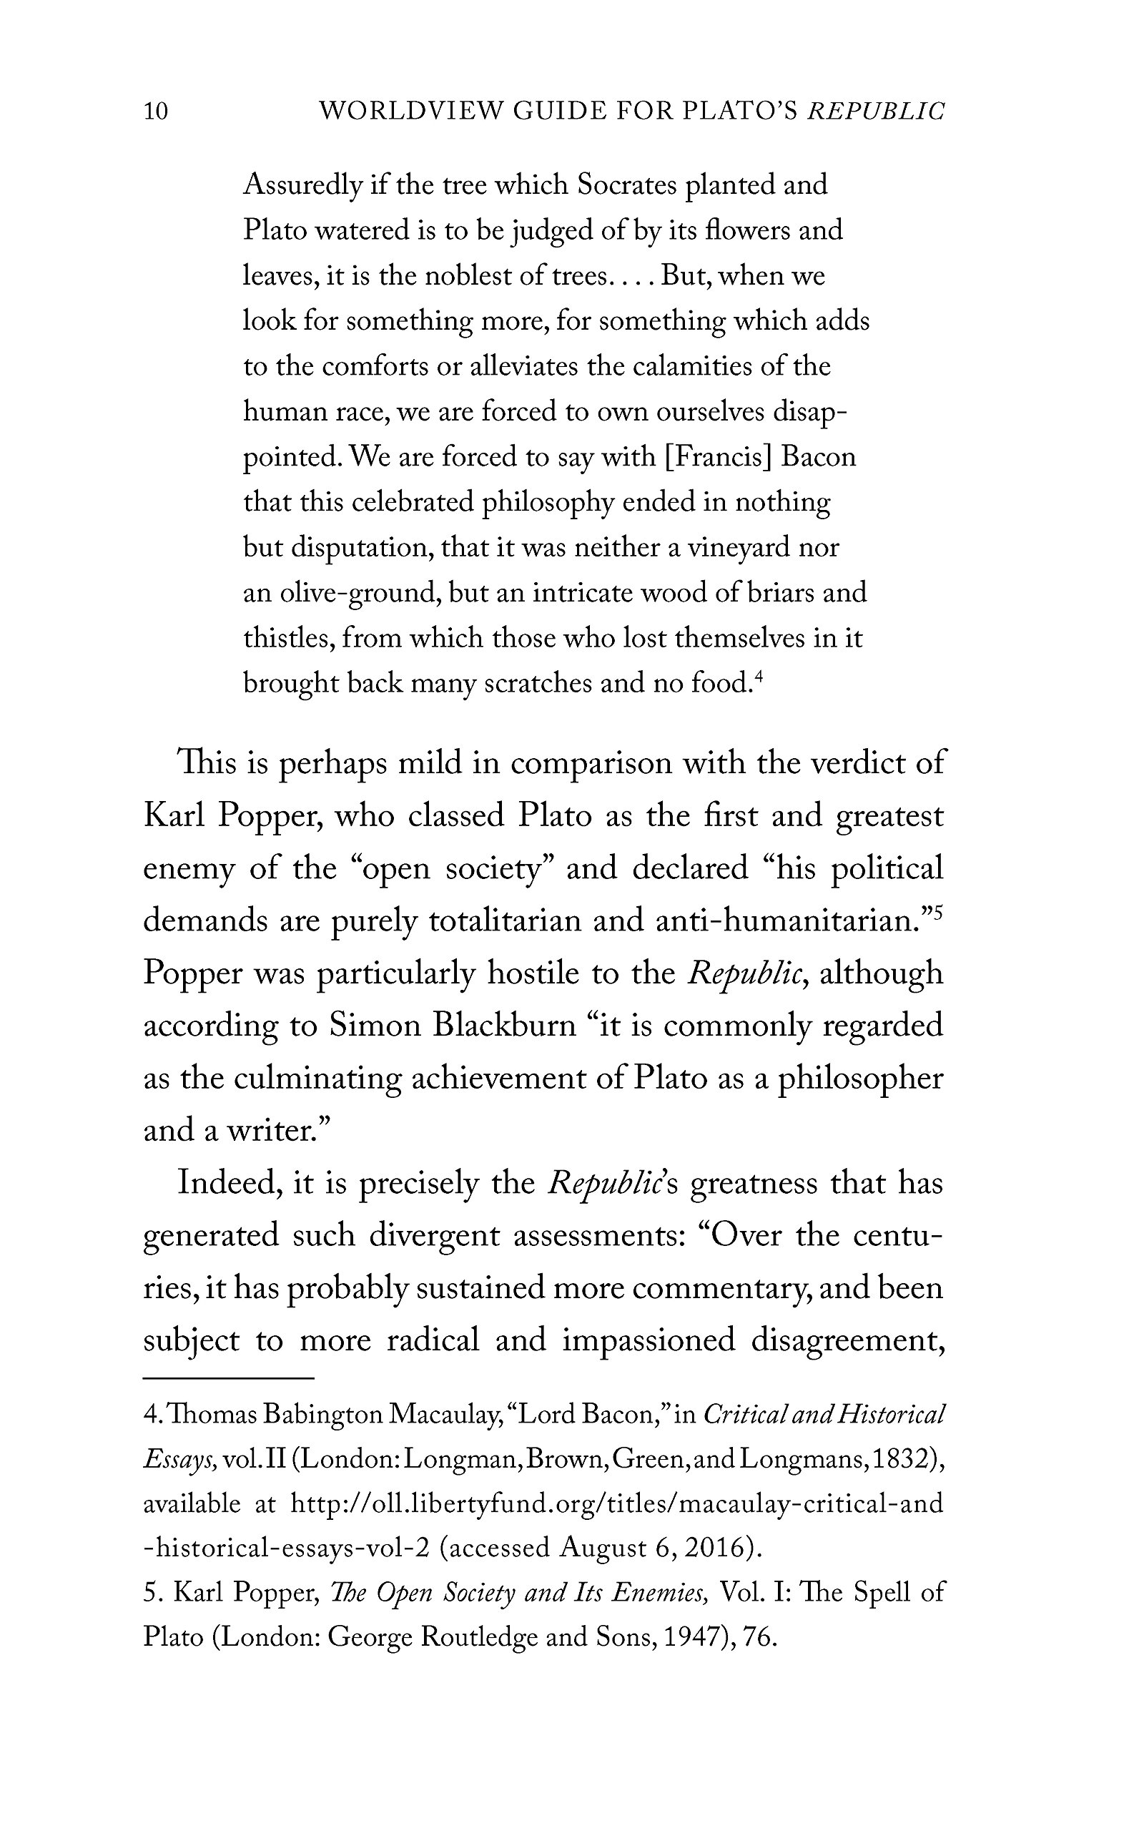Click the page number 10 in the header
(x=156, y=112)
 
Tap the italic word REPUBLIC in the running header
(x=876, y=112)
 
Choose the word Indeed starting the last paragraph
(x=230, y=1183)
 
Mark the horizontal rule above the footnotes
(x=229, y=1378)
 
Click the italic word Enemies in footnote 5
(x=660, y=1593)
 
